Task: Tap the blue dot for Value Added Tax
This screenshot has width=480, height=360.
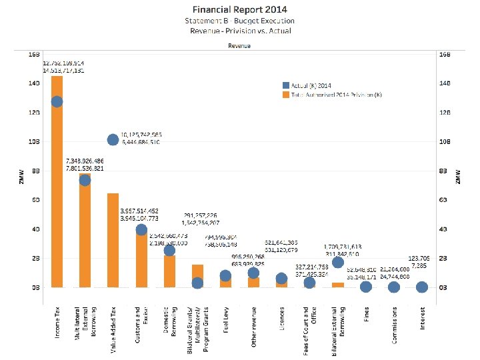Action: click(x=113, y=139)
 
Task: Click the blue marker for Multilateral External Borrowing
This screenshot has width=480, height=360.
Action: click(x=85, y=180)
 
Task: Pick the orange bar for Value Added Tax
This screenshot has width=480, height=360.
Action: click(x=113, y=240)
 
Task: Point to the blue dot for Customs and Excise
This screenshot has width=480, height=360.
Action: click(x=141, y=230)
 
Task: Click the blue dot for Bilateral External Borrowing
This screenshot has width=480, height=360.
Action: click(x=338, y=262)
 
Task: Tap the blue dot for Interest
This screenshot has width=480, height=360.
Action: click(x=422, y=287)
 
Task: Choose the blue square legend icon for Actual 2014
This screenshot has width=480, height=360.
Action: click(x=286, y=85)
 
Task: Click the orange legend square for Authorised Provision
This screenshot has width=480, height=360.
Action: click(x=286, y=95)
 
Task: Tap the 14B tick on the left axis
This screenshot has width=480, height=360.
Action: click(x=33, y=83)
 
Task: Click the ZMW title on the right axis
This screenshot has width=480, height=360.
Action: click(x=457, y=176)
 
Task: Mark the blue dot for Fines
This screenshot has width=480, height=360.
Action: click(x=366, y=287)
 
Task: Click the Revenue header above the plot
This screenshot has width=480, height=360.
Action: click(x=239, y=47)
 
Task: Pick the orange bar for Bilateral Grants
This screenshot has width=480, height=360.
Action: click(x=197, y=273)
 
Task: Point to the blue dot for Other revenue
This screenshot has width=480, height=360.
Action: click(x=253, y=273)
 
